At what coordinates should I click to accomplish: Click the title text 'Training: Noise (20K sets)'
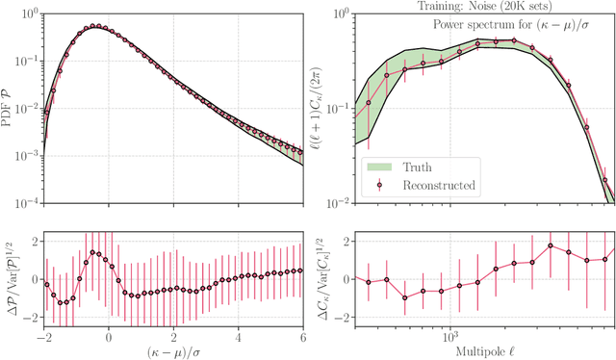point(484,6)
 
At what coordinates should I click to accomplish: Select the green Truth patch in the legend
point(379,165)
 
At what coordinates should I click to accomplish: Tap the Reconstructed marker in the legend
point(379,184)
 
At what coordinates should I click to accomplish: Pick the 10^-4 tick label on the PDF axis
point(27,203)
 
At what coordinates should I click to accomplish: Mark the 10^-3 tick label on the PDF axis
point(27,156)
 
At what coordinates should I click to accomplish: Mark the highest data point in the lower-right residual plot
point(551,245)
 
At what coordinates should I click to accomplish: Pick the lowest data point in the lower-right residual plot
point(405,297)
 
